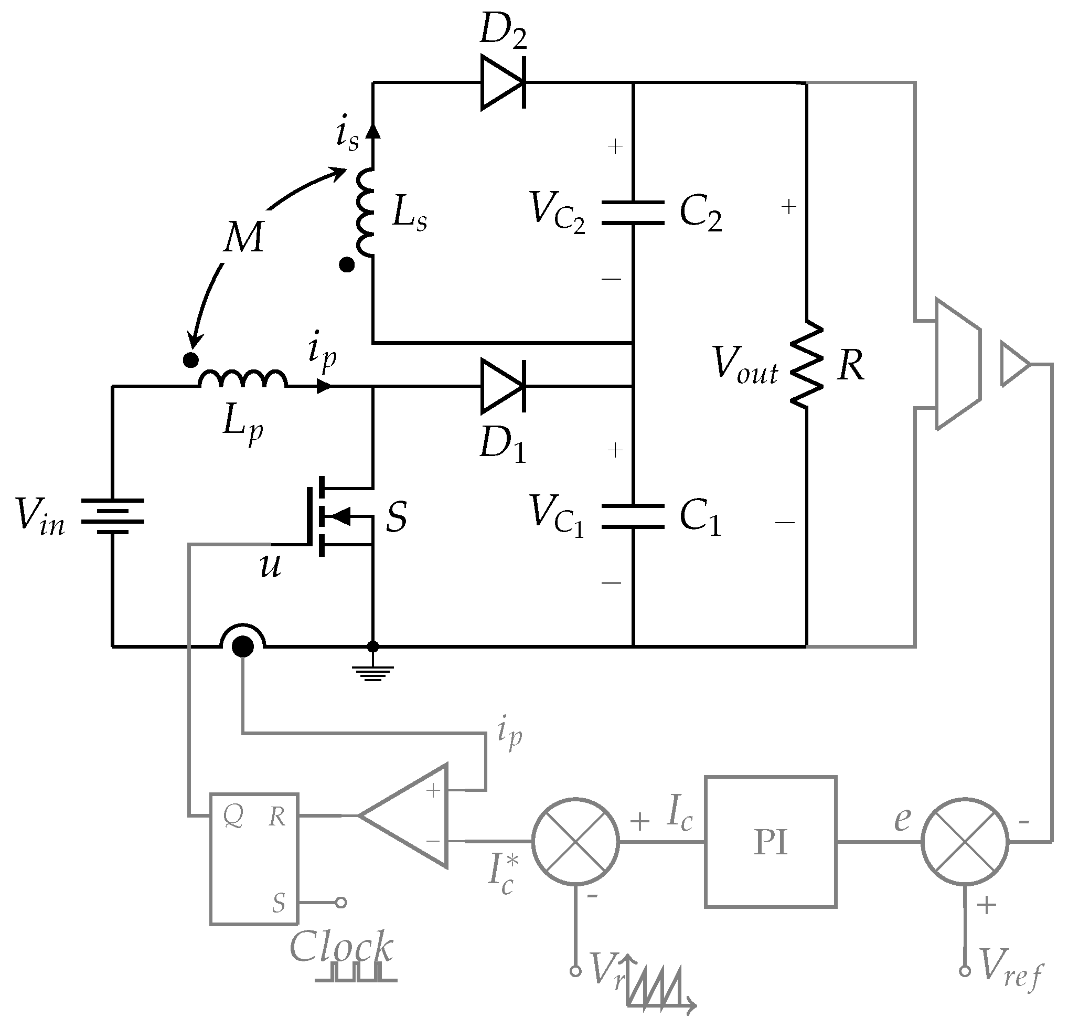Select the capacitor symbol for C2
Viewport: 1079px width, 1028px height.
[x=633, y=213]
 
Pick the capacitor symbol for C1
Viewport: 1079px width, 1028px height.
[x=633, y=516]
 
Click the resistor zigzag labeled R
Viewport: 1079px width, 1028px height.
[x=807, y=364]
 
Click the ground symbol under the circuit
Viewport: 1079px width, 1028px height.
[x=372, y=673]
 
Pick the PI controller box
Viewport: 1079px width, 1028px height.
[x=770, y=842]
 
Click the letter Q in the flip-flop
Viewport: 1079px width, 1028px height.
[x=233, y=817]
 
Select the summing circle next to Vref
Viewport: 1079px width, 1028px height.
[x=965, y=841]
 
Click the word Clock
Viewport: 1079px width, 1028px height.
[x=340, y=946]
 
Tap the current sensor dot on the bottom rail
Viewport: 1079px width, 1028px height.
[x=243, y=647]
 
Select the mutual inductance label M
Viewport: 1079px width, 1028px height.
[x=244, y=237]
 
